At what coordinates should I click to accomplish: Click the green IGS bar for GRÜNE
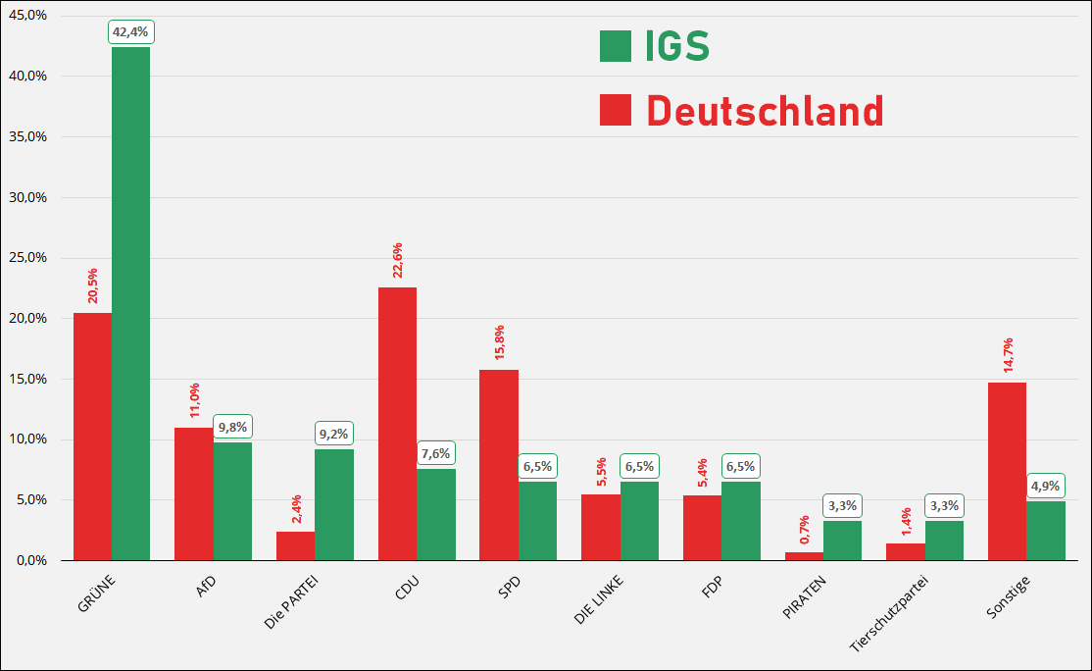tap(130, 304)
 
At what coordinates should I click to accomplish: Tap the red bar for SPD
tap(499, 465)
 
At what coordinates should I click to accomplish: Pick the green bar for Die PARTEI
tap(334, 504)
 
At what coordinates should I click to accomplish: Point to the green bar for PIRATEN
tap(842, 541)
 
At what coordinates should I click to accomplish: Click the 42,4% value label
tap(130, 32)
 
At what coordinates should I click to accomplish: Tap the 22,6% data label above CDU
tap(397, 260)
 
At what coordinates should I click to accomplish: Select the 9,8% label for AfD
tap(232, 427)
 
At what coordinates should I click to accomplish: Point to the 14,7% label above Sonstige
tap(1007, 355)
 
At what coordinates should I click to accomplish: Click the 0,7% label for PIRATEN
tap(804, 530)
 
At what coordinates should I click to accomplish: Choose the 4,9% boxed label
tap(1046, 486)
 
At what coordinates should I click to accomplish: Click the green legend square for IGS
tap(616, 46)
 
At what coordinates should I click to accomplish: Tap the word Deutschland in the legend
tap(765, 111)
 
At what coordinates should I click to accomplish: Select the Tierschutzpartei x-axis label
tap(889, 613)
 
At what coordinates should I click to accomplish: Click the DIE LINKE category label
tap(599, 599)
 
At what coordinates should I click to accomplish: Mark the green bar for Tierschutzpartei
tap(944, 541)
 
